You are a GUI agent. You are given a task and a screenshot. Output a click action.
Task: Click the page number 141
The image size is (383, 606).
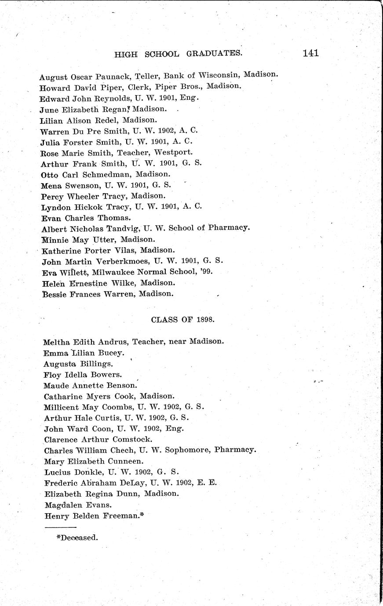310,53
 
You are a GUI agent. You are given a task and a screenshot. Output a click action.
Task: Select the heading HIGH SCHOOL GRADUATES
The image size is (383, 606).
179,54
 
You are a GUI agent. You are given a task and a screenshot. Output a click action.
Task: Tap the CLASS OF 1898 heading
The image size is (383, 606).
182,320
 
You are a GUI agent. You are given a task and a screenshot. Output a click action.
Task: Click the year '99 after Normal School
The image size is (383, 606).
206,271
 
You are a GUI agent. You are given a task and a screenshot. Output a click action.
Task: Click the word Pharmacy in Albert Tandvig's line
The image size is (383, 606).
228,228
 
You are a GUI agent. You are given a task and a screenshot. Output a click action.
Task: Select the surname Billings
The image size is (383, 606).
97,364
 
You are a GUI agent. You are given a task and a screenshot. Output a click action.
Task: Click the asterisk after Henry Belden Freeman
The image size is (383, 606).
142,515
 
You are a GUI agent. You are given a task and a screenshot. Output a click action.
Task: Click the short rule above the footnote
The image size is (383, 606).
60,527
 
